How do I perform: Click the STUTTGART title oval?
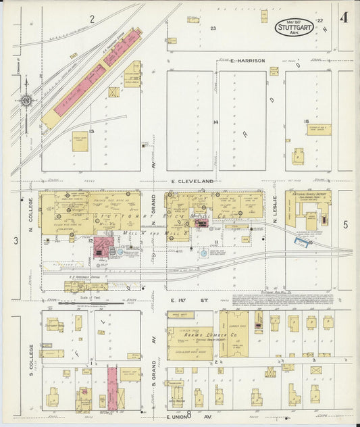click(294, 28)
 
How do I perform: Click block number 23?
click(212, 28)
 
